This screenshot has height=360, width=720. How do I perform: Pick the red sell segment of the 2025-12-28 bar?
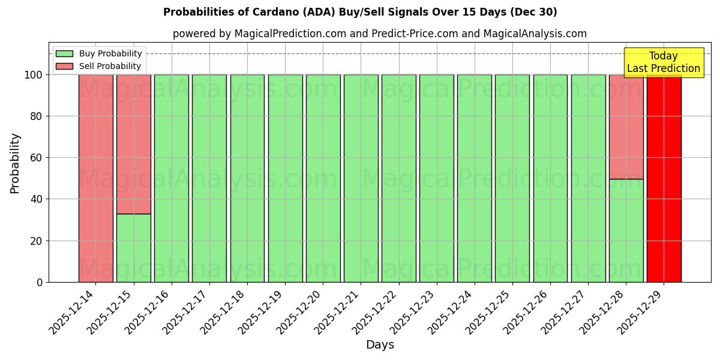[626, 127]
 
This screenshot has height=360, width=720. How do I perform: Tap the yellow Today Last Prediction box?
[663, 62]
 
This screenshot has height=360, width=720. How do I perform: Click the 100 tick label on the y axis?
[34, 75]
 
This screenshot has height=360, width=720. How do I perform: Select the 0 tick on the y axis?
[40, 282]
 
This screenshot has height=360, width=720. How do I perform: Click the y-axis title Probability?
[15, 163]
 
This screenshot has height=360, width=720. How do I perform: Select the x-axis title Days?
[380, 345]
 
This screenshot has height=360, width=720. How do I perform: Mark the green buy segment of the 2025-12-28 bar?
[626, 230]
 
